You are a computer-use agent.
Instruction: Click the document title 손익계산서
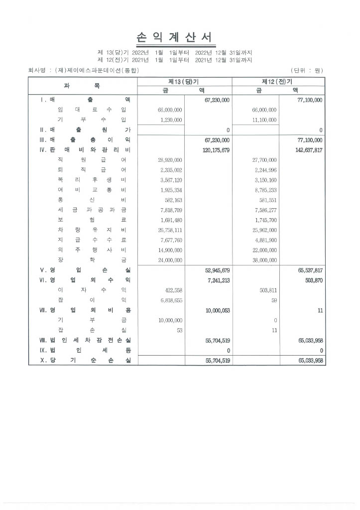(x=174, y=37)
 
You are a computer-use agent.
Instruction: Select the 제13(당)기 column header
(x=184, y=81)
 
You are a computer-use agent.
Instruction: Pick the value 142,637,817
(x=309, y=150)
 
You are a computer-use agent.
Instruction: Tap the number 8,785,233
(x=265, y=190)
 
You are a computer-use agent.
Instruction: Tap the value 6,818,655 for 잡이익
(x=170, y=300)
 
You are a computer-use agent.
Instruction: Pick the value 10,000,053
(x=217, y=310)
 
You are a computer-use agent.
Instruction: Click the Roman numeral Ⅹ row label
(x=43, y=360)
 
